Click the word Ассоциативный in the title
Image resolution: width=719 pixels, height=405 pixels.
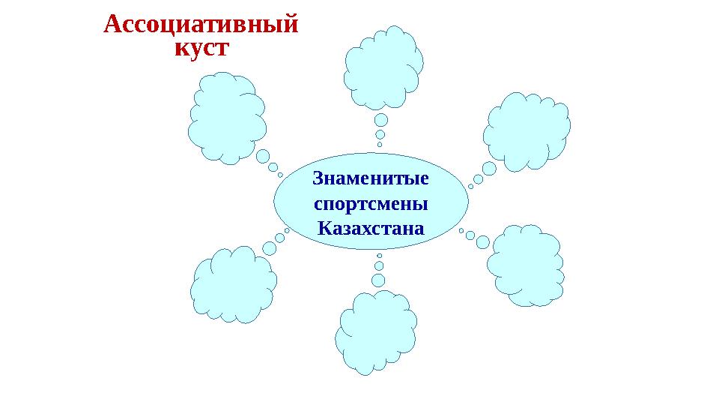201,25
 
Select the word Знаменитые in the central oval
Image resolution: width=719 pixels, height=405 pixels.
371,180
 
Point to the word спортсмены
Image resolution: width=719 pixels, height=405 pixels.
371,203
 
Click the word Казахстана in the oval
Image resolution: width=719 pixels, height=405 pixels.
371,226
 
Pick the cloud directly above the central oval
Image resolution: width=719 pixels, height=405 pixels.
383,67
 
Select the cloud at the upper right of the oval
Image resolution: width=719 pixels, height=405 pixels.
527,132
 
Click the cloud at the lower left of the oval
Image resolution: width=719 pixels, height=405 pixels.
233,285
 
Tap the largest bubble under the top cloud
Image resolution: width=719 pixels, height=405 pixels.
381,120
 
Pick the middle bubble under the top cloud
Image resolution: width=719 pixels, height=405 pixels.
380,135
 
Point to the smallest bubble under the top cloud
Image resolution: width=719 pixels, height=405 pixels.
380,145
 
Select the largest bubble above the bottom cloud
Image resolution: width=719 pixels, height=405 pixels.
378,280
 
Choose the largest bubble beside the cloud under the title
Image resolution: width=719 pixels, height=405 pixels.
262,156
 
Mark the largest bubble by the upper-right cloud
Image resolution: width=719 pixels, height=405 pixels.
489,169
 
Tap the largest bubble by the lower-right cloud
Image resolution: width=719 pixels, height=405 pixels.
483,242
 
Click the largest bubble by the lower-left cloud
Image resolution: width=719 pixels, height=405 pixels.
269,247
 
